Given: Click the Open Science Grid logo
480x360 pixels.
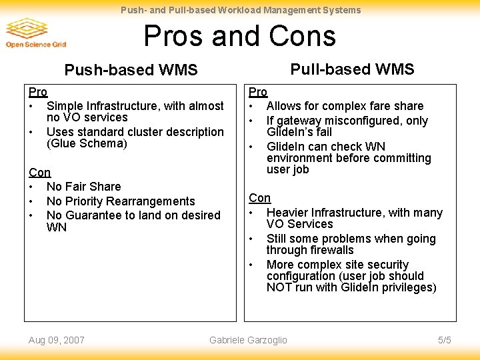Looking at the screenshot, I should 36,33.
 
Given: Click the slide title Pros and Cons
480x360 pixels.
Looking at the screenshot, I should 240,35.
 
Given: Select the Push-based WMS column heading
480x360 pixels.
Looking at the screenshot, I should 131,70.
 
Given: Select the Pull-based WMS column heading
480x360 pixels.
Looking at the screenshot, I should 352,69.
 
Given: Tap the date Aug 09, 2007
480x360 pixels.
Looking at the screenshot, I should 57,340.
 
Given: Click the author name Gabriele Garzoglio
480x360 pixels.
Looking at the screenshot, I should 248,340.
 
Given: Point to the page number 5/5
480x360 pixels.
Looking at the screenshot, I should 445,340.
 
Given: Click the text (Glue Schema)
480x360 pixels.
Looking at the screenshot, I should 87,143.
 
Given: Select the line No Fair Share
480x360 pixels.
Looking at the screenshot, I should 84,187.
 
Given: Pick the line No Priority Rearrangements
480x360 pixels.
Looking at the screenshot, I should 121,201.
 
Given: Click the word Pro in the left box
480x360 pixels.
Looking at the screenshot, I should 37,92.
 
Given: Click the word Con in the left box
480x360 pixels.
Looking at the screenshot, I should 39,173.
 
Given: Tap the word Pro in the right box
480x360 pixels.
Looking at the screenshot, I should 258,92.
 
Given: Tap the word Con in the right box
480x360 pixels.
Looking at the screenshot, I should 260,198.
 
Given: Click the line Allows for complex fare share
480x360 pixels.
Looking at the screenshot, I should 345,106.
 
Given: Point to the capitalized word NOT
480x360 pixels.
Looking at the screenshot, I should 279,287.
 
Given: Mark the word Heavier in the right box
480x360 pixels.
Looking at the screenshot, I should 287,213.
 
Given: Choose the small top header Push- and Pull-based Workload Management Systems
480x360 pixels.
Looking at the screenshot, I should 240,10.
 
